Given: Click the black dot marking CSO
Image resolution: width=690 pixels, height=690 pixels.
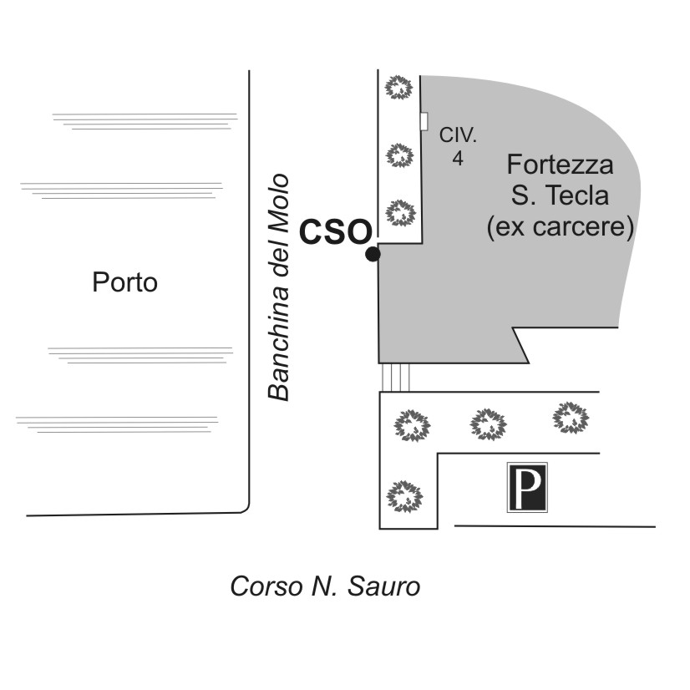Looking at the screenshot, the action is point(373,254).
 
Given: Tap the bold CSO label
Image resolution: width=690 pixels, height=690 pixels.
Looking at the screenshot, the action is point(336,231).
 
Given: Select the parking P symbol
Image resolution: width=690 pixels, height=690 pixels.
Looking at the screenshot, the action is point(527,487).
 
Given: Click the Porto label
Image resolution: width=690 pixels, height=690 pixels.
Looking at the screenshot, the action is point(125,282).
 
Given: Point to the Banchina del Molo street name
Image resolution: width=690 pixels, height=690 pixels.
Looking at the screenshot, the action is point(278,287).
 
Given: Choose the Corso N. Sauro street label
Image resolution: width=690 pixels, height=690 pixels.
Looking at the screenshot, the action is point(325,586).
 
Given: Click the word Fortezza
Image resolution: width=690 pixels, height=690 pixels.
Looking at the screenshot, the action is point(560,165).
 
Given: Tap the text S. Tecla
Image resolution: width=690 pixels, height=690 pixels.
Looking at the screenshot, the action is point(560,195).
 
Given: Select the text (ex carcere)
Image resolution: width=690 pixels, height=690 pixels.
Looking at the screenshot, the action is point(560,226).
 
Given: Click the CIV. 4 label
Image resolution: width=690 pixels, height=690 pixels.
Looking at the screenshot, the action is point(458,146).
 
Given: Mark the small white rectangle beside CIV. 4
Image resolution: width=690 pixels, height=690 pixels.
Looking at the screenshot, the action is point(424,121).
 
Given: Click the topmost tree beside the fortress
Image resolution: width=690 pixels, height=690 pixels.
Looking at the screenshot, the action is point(398,87).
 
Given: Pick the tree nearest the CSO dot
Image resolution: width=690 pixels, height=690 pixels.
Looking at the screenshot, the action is point(400,212).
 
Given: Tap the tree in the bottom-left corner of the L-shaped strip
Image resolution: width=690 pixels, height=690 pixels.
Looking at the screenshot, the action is point(405,496).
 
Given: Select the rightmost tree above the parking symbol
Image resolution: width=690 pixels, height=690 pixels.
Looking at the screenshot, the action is point(571,417).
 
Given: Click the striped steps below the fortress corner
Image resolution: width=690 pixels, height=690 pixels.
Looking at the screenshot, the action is point(396,378).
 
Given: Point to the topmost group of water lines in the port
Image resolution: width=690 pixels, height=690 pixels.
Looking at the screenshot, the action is point(145,121).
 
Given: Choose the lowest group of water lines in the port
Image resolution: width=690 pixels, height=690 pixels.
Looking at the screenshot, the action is point(117,424).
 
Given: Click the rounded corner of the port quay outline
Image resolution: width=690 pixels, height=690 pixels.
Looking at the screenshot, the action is point(246,510).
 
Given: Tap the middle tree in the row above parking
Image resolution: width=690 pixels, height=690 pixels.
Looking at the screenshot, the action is point(489,424).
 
